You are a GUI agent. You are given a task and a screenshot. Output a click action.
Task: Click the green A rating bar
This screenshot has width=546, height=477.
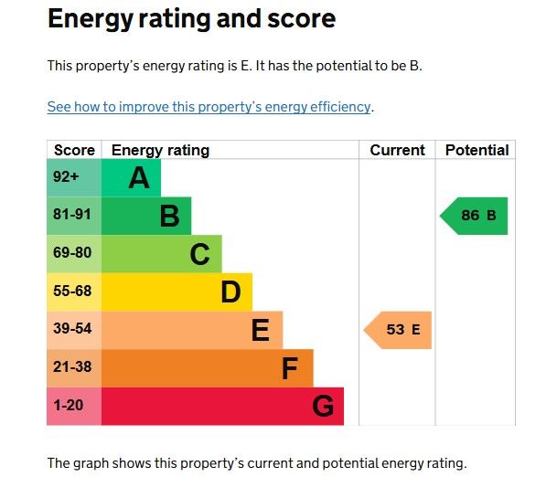pos(132,178)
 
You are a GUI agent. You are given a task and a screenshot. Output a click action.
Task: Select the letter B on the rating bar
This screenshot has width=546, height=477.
pos(169,216)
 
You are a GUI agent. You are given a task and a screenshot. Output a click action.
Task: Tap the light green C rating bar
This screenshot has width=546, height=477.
pos(162,254)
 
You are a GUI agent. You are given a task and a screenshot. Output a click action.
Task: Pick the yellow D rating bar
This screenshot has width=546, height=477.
pos(177,291)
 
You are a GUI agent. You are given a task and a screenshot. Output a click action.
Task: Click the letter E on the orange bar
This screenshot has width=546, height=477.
pos(261,330)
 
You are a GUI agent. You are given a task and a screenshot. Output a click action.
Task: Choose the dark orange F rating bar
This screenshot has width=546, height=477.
pos(208,368)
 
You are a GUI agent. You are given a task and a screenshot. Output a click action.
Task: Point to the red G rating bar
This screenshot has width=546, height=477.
pos(223,406)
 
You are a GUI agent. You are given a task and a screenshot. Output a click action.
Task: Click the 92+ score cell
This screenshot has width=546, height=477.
pos(74,178)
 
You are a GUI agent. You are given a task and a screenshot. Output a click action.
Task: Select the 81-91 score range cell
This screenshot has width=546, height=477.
pos(74,216)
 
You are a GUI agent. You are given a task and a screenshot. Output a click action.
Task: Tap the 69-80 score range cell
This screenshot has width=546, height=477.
pos(74,254)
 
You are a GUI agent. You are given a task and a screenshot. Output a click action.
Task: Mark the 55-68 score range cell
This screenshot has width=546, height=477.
pos(74,291)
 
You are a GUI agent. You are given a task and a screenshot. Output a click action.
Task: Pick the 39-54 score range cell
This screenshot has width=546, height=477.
pos(74,330)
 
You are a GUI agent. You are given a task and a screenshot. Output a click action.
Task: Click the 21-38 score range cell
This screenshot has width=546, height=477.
pos(74,368)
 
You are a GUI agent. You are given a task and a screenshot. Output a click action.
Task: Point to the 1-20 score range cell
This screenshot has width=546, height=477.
pos(74,406)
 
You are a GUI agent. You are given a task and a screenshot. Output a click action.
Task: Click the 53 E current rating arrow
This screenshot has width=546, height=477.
pos(398,330)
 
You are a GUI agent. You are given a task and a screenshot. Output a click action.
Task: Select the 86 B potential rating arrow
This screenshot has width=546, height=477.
pos(474,216)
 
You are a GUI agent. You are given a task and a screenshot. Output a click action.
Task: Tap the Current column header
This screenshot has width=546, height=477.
pos(397,150)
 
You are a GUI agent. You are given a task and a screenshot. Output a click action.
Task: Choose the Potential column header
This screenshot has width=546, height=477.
pos(477,150)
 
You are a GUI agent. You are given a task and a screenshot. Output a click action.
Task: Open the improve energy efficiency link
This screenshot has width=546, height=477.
pos(209,107)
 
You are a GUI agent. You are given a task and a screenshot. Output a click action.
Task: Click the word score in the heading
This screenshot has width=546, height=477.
pos(302,18)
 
